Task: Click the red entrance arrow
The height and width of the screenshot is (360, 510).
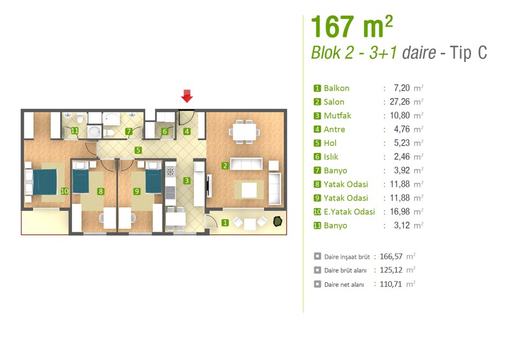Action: tap(187, 96)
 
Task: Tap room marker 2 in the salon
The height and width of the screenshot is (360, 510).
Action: tap(225, 166)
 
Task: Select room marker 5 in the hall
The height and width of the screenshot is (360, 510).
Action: tap(138, 150)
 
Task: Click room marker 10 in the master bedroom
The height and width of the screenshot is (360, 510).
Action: tap(64, 191)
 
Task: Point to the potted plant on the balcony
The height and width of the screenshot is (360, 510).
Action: tap(277, 221)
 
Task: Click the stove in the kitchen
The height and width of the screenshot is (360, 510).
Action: tap(170, 171)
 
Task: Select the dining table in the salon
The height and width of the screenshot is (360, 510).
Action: tap(244, 132)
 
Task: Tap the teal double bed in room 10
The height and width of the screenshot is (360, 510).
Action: tap(45, 182)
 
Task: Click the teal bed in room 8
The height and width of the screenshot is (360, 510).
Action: tap(81, 182)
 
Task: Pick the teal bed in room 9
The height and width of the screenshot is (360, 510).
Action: tap(153, 182)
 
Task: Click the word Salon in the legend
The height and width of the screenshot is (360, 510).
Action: tap(333, 102)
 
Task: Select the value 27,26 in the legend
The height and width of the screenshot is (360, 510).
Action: tap(400, 102)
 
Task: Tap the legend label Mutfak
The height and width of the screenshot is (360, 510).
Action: tap(337, 116)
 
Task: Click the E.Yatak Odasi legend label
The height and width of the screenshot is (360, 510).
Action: tap(349, 212)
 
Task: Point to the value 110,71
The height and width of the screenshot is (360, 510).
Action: tap(391, 284)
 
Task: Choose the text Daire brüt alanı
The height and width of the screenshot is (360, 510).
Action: tap(345, 271)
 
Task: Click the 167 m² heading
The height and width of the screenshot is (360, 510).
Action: tap(352, 27)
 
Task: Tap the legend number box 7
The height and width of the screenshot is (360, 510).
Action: tap(317, 170)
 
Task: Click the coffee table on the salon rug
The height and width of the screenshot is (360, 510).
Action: tap(249, 190)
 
